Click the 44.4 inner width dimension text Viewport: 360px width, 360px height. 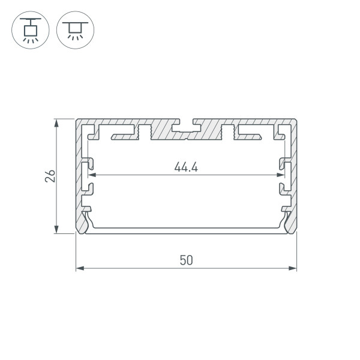coord(186,167)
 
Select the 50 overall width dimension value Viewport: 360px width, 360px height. coord(186,260)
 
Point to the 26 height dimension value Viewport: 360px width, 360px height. coord(50,175)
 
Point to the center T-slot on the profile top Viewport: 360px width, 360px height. coord(186,127)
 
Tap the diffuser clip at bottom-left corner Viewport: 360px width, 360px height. coord(86,219)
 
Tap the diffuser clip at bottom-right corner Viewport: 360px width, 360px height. coord(287,219)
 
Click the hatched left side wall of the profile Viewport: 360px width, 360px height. coord(79,174)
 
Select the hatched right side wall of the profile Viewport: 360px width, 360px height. coord(295,174)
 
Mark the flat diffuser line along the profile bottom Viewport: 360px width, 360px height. coord(186,230)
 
